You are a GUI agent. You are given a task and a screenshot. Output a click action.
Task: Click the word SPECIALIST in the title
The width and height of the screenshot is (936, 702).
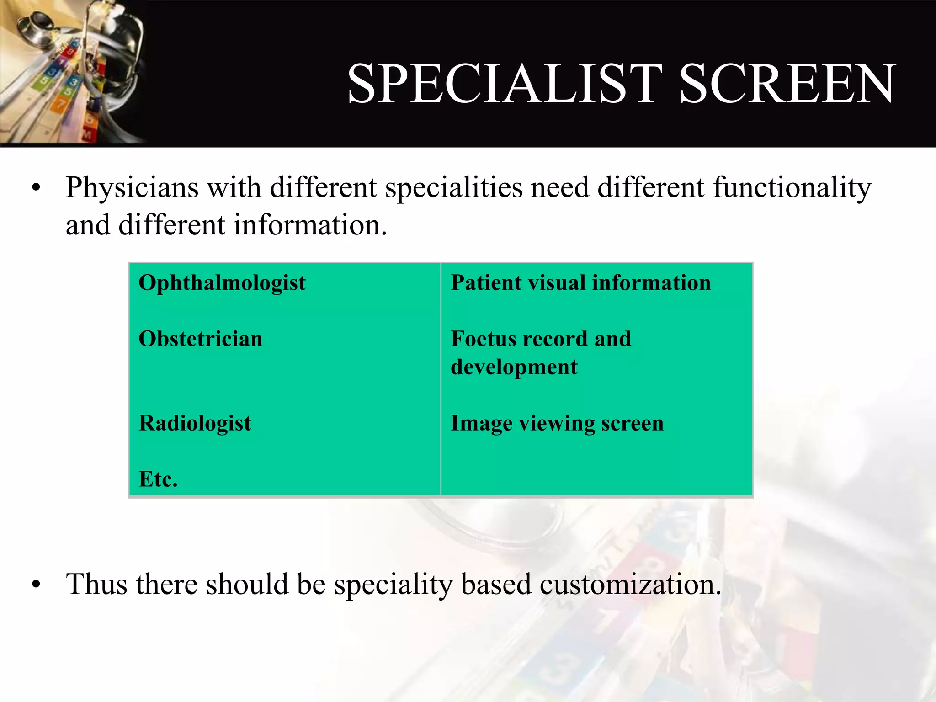[505, 84]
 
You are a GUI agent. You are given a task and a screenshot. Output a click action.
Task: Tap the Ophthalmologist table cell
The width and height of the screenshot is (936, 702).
[222, 283]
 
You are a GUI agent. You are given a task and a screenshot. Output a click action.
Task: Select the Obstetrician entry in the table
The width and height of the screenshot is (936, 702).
[201, 339]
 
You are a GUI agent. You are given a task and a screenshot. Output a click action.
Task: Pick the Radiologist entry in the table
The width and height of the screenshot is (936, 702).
[195, 423]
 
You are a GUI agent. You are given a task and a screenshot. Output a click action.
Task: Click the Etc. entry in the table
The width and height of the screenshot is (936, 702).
[158, 479]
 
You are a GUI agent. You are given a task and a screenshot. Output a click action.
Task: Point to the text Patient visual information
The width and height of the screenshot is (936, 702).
[580, 283]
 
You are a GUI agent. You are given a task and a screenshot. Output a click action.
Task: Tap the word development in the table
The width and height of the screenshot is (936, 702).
[514, 367]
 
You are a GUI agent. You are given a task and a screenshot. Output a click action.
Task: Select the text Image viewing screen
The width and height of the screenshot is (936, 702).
[557, 423]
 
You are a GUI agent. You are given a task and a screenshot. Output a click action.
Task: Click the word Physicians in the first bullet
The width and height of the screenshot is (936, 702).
[132, 188]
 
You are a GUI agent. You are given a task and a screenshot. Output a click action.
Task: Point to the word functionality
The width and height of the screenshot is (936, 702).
[792, 188]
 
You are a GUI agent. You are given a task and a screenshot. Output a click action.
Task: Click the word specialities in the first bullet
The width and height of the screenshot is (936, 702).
[453, 188]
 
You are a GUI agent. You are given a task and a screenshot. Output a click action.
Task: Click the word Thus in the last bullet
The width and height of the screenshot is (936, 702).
[96, 585]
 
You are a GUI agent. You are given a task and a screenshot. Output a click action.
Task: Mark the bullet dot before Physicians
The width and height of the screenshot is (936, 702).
[37, 188]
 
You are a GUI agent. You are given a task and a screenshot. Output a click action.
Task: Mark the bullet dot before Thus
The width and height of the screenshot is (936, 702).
[37, 585]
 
